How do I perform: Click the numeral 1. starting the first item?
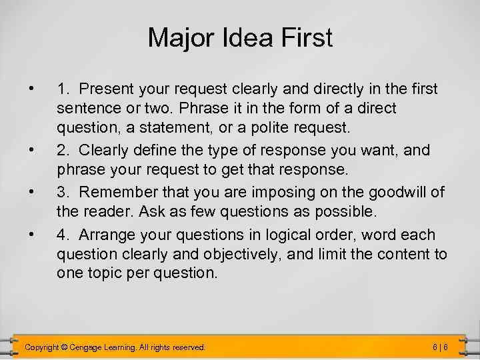(63, 88)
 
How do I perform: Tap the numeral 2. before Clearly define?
(63, 149)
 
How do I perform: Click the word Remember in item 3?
(114, 192)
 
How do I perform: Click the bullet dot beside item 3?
(31, 192)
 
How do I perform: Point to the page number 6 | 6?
(439, 347)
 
